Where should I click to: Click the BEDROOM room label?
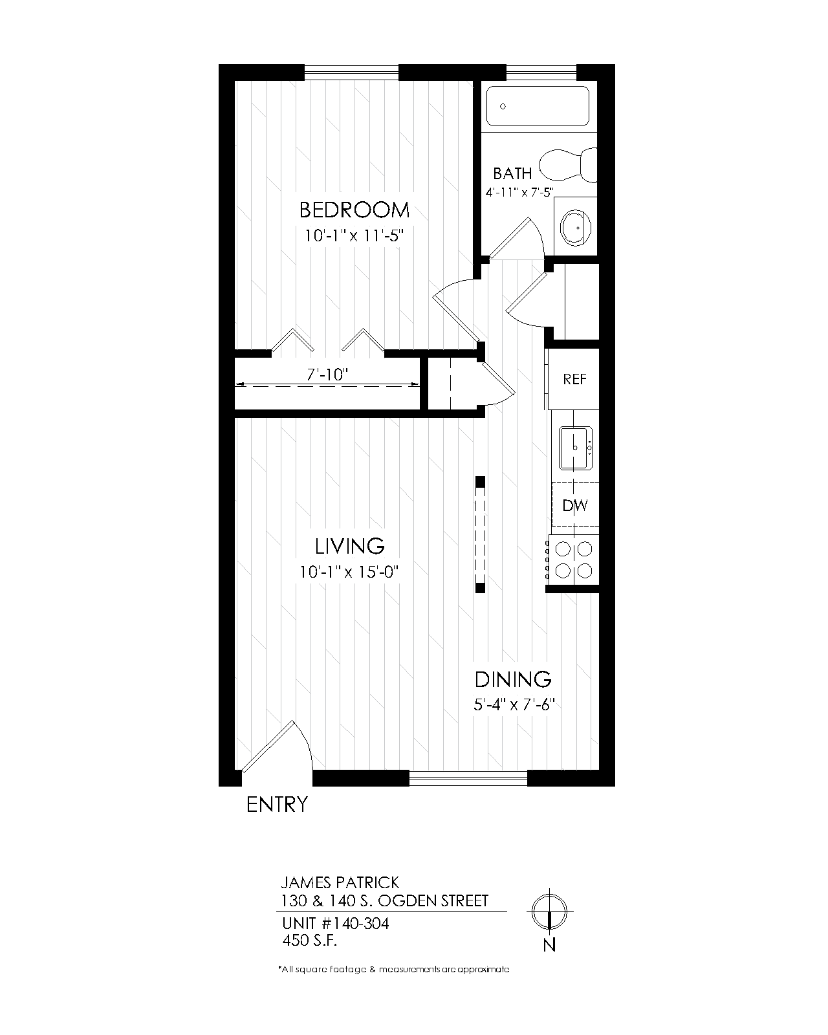(x=354, y=210)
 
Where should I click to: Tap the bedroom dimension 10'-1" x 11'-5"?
(x=354, y=236)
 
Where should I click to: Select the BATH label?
(x=512, y=173)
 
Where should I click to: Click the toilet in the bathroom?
(x=568, y=165)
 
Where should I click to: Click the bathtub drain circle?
(x=503, y=106)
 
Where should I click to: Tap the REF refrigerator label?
(x=574, y=380)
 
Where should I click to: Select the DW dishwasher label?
(x=575, y=505)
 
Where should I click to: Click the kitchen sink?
(x=576, y=448)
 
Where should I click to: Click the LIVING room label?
(x=350, y=547)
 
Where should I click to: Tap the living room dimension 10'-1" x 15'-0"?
(x=349, y=572)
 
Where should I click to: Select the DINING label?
(x=513, y=680)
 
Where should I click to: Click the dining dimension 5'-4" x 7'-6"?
(x=514, y=705)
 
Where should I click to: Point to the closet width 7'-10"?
(x=327, y=375)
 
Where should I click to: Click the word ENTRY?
(x=277, y=804)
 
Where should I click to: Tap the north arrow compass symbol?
(x=549, y=911)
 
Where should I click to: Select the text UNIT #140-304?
(x=335, y=923)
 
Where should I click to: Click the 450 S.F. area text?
(x=309, y=940)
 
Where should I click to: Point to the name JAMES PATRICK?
(x=340, y=882)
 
